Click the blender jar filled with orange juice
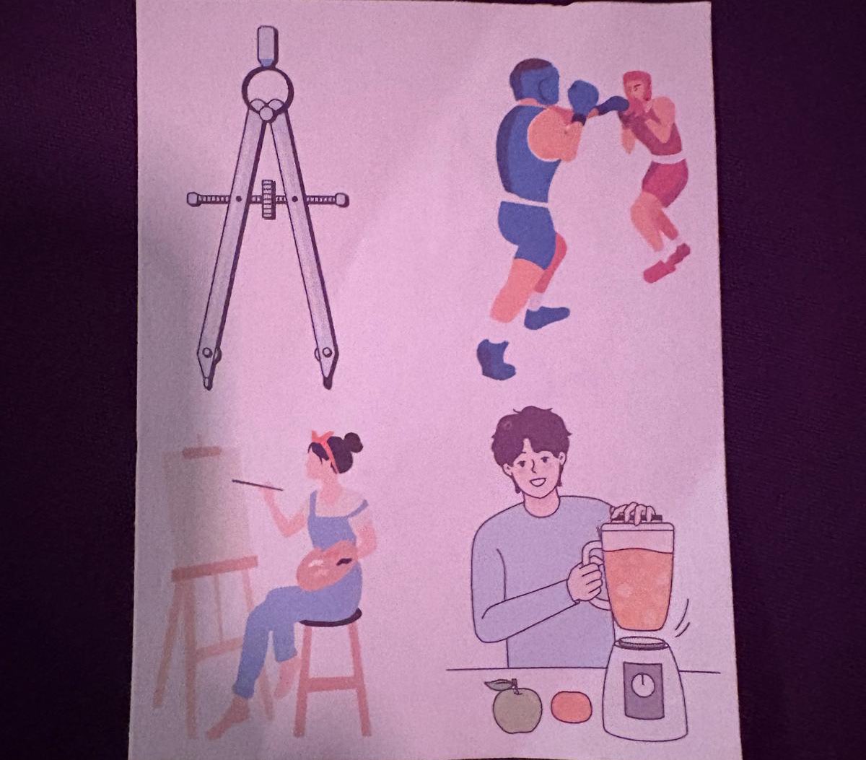[x=637, y=577]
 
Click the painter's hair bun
[x=351, y=442]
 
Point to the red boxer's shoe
[x=666, y=264]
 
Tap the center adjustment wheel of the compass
[x=269, y=198]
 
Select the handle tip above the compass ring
[x=266, y=45]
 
